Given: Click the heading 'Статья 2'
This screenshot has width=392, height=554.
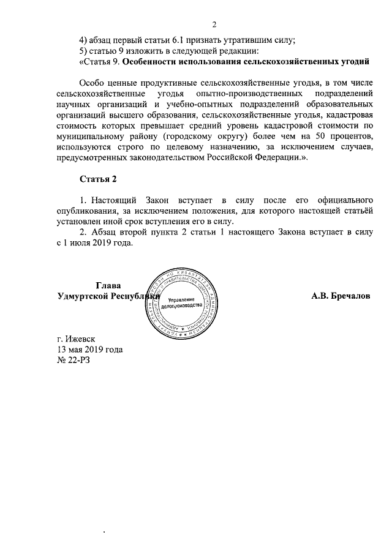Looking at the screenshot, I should [x=97, y=179].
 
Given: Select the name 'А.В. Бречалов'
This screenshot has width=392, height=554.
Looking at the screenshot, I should [x=341, y=296].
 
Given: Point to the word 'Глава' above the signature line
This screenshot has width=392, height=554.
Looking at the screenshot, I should [x=108, y=285].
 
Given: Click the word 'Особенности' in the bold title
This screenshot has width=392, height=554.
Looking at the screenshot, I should [x=153, y=62].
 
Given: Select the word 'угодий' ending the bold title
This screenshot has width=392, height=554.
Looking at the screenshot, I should [x=355, y=62].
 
